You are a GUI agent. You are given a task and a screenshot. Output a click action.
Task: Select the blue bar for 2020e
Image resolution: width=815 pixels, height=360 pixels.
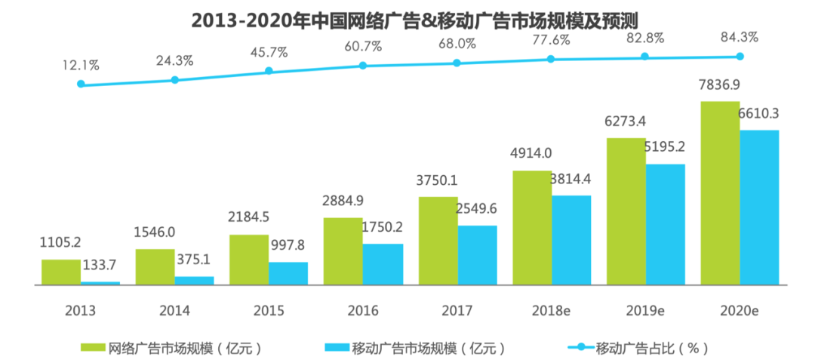coord(759,208)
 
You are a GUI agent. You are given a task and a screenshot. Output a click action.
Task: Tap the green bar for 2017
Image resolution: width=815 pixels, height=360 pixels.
coord(438,241)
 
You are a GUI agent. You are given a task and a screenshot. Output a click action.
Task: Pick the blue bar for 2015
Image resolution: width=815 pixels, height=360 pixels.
coord(288,273)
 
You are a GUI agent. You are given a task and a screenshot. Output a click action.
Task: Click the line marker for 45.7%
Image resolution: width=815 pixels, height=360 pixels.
coord(269,71)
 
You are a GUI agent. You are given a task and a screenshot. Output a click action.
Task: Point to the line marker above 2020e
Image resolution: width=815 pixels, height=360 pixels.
coord(740,56)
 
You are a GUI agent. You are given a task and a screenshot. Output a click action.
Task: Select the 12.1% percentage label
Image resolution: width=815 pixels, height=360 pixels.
coord(81,66)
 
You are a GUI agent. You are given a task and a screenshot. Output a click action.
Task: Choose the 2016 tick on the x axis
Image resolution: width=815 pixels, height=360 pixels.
coord(363,310)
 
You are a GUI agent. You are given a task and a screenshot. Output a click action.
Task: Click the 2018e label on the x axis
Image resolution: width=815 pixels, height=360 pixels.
coord(551,310)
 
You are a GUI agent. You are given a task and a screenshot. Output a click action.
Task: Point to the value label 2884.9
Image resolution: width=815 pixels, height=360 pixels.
coord(344,202)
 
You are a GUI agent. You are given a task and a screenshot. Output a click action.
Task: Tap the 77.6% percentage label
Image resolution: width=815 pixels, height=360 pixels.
coord(552,39)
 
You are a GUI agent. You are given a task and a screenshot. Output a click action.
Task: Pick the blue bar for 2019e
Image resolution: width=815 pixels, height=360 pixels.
coord(665,224)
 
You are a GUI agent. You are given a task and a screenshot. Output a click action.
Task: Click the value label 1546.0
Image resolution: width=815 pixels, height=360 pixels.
coord(155,233)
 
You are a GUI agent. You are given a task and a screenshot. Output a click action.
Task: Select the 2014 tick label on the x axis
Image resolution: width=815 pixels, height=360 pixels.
coord(174,310)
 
